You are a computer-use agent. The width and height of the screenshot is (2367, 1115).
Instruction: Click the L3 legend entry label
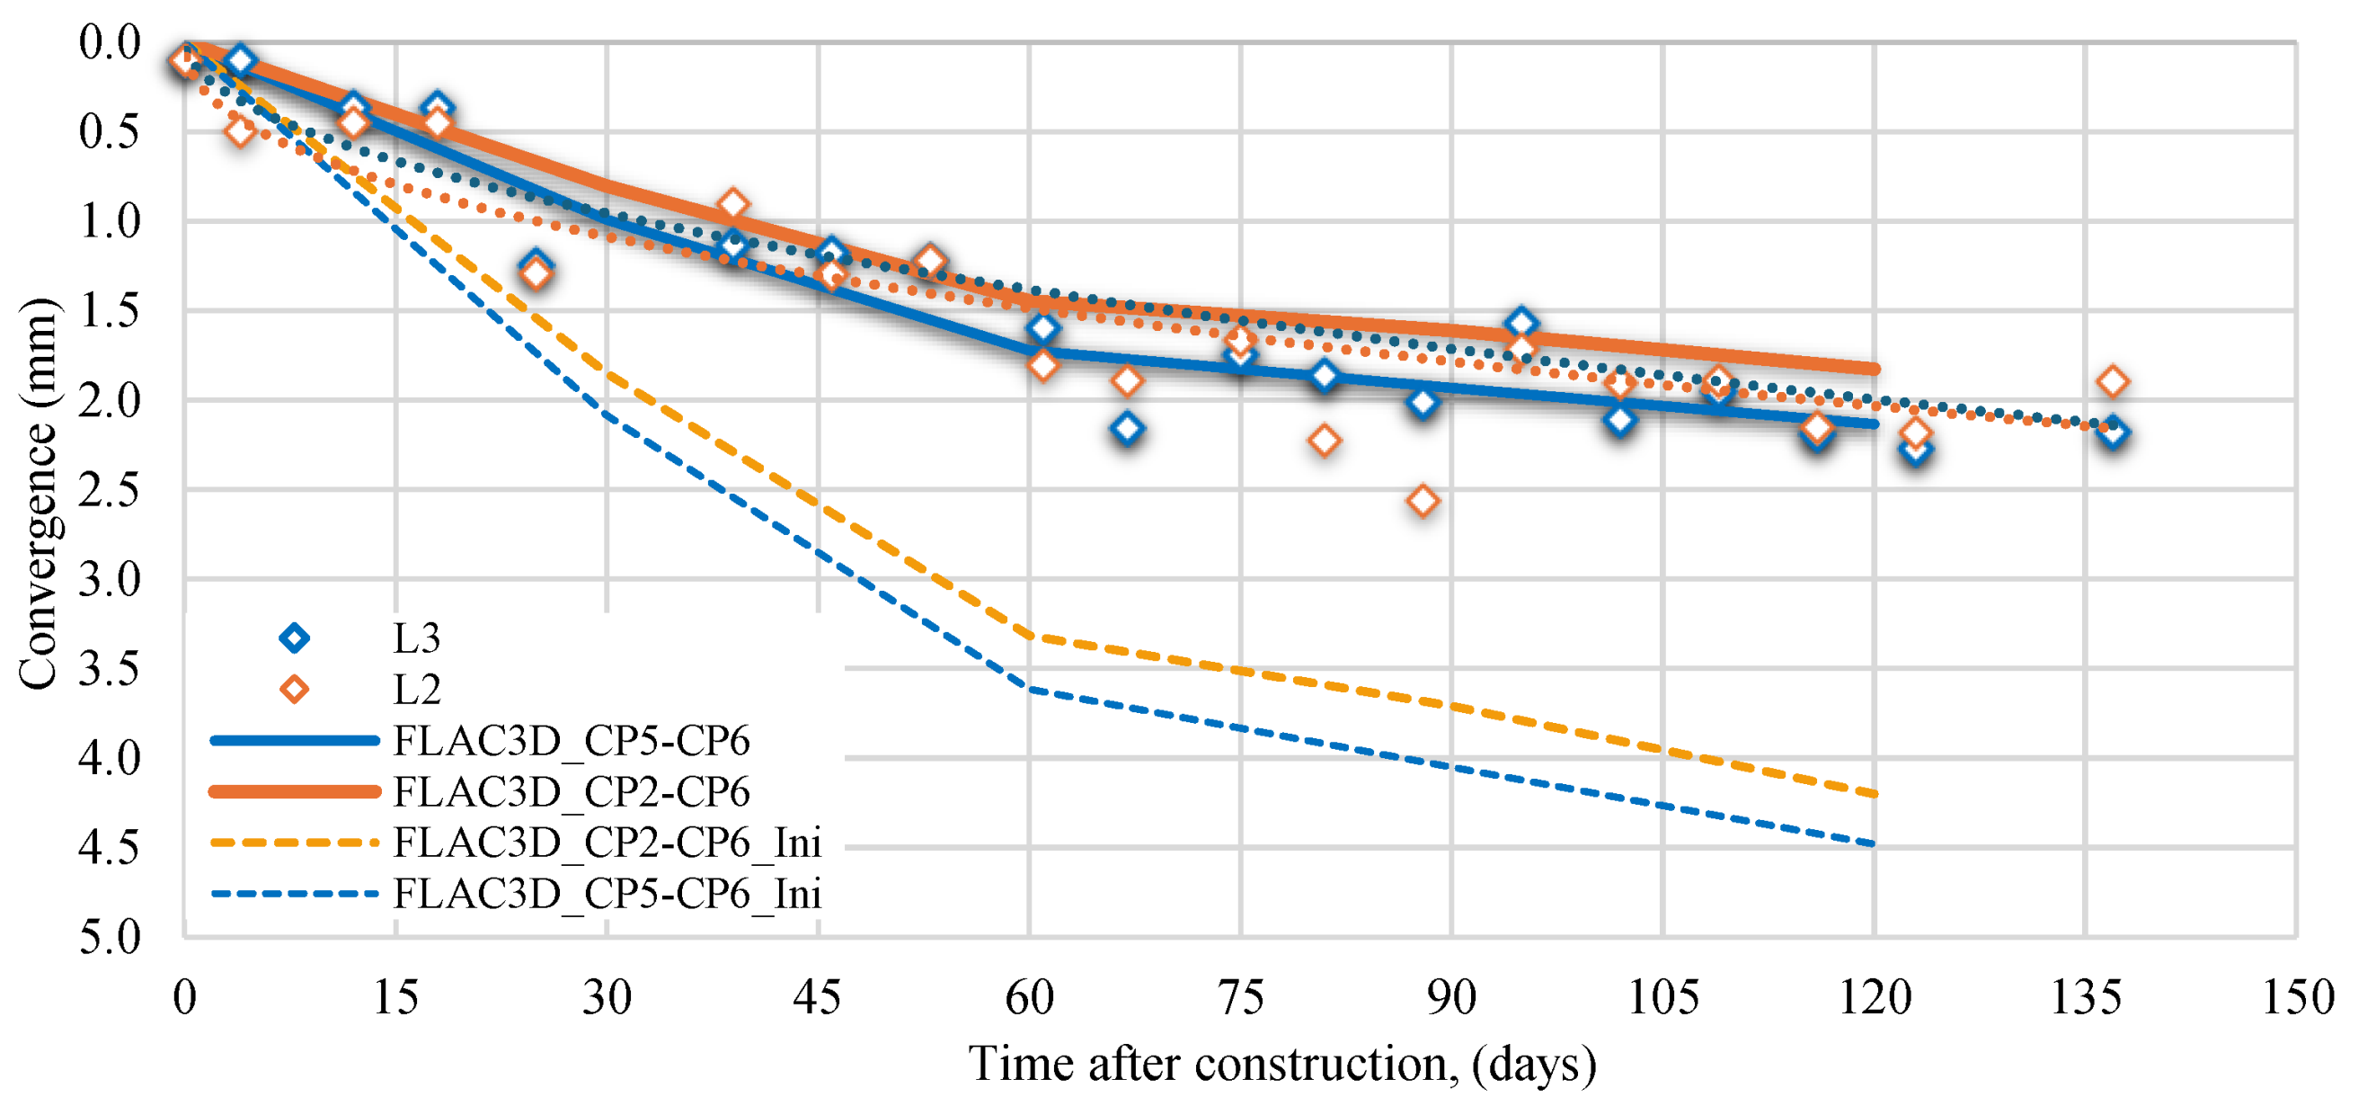click(x=416, y=638)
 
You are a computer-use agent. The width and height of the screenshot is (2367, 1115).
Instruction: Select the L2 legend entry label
click(x=416, y=690)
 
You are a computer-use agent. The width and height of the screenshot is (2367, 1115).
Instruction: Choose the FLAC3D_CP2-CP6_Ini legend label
click(x=607, y=843)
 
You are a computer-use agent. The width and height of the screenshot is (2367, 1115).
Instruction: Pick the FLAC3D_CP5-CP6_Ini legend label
click(x=607, y=894)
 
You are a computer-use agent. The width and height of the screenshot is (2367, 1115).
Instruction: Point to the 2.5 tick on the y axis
click(x=110, y=490)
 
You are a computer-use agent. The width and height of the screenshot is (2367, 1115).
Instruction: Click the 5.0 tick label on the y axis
click(x=110, y=939)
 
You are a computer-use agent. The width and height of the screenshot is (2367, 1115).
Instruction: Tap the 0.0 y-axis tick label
click(x=110, y=42)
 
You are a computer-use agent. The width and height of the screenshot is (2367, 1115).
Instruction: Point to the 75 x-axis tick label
click(x=1240, y=997)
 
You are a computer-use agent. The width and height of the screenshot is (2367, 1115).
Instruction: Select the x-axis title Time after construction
click(x=1281, y=1065)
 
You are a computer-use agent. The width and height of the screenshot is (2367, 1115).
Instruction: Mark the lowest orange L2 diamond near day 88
click(x=1423, y=501)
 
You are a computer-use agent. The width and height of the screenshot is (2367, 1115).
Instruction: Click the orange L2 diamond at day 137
click(x=2114, y=380)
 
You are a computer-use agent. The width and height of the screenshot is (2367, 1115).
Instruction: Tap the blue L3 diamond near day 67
click(x=1128, y=428)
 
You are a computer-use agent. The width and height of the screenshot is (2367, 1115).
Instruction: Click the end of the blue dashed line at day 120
click(x=1874, y=843)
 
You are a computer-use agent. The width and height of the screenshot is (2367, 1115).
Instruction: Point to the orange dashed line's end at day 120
click(x=1874, y=793)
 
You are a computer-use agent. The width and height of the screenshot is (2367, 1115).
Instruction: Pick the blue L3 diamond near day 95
click(x=1521, y=323)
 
